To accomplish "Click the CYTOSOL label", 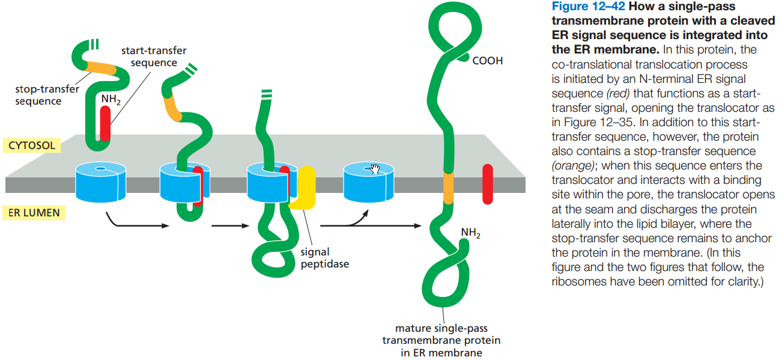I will pyautogui.click(x=31, y=145).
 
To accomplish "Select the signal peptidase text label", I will pyautogui.click(x=324, y=258).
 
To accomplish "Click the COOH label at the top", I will pyautogui.click(x=488, y=61).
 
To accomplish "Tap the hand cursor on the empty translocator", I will pyautogui.click(x=376, y=169).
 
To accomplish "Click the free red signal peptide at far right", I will pyautogui.click(x=487, y=180).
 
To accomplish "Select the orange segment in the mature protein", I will pyautogui.click(x=447, y=187).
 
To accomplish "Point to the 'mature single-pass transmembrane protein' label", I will pyautogui.click(x=441, y=340).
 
